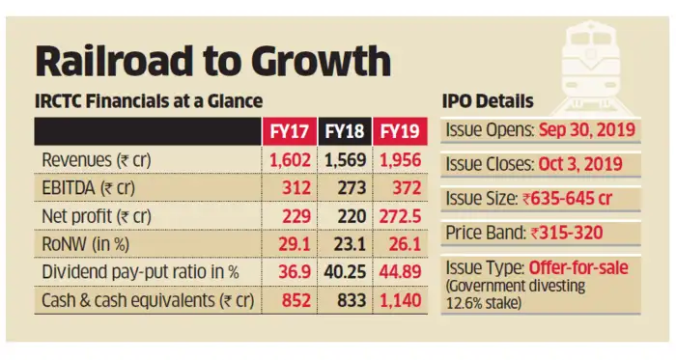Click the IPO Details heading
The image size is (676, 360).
492,101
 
